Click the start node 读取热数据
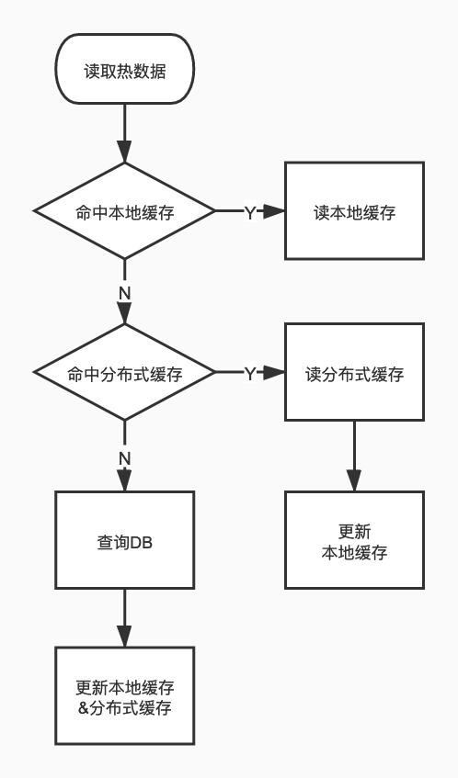[125, 70]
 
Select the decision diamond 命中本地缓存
[125, 211]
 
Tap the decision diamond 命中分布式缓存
[125, 374]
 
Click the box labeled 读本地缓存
[354, 211]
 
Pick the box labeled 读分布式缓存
[354, 374]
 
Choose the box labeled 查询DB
[125, 541]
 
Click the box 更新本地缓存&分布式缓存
[125, 696]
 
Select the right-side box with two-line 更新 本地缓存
[354, 541]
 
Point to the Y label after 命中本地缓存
[249, 212]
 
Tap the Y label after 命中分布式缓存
[249, 374]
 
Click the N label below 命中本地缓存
[125, 292]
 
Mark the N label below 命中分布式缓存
[125, 457]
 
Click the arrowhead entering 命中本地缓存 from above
[125, 152]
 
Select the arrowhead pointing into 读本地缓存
[275, 211]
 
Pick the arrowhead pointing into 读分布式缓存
[275, 374]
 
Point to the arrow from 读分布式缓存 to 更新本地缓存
[354, 455]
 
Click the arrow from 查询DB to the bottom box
[125, 617]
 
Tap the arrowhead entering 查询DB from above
[125, 481]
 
